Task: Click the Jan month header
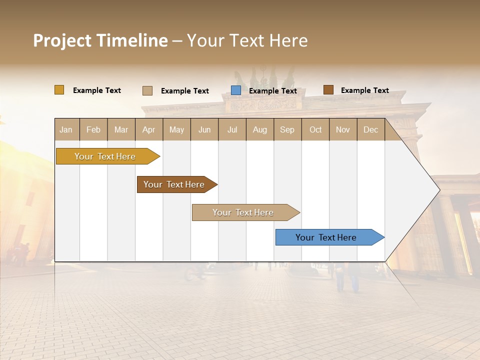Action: pyautogui.click(x=66, y=129)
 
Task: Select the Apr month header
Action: pyautogui.click(x=148, y=129)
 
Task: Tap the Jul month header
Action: pyautogui.click(x=232, y=129)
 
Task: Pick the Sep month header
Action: pyautogui.click(x=287, y=129)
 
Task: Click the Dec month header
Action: pyautogui.click(x=370, y=129)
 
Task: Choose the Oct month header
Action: pyautogui.click(x=315, y=129)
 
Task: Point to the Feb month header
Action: pyautogui.click(x=93, y=129)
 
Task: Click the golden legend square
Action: pyautogui.click(x=59, y=90)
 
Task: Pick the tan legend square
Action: pyautogui.click(x=147, y=90)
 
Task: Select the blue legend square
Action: pyautogui.click(x=236, y=90)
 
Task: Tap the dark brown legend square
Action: pyautogui.click(x=328, y=90)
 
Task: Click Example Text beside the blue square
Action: pyautogui.click(x=272, y=91)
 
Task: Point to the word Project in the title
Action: pyautogui.click(x=62, y=40)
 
